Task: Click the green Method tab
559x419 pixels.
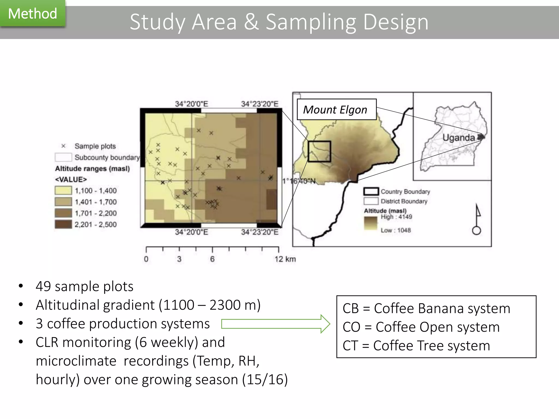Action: tap(32, 14)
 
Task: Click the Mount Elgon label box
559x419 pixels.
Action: tap(336, 110)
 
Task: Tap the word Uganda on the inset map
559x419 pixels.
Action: tap(459, 137)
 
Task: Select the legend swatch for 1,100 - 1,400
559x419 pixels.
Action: tap(63, 190)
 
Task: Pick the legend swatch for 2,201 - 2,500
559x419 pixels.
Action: tap(63, 224)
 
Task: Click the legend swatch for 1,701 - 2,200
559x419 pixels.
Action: tap(63, 213)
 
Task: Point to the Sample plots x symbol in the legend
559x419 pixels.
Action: tap(63, 146)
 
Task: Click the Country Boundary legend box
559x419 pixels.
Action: tap(371, 191)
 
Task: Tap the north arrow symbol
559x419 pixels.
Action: tap(477, 220)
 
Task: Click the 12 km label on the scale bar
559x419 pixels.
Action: tap(285, 259)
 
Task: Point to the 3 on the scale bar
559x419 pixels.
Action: tap(179, 259)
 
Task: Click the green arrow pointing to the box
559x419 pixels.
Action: tap(276, 324)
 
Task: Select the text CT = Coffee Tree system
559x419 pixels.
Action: tap(416, 346)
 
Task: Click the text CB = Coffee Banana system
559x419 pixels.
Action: tap(426, 309)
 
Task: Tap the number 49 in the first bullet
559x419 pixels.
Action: tap(43, 286)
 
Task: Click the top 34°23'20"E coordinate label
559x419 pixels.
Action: tap(260, 104)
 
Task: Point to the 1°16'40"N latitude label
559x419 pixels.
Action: tap(299, 181)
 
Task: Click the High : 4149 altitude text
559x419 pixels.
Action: tap(396, 217)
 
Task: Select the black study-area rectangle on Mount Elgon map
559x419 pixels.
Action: tap(319, 151)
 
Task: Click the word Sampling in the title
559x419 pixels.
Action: tap(311, 22)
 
